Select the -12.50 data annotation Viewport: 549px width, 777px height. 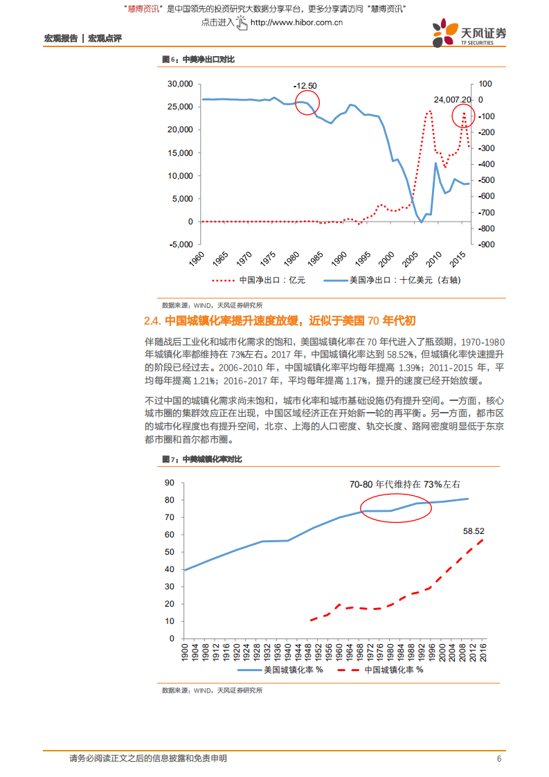(x=305, y=86)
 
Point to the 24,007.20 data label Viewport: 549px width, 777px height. (x=452, y=100)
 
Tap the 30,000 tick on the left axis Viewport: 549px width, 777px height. (x=179, y=84)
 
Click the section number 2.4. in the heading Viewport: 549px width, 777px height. (x=152, y=321)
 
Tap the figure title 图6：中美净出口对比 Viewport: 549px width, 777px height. (x=198, y=60)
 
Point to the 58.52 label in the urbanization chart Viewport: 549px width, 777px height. (x=474, y=530)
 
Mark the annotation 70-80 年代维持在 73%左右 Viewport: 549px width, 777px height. (x=404, y=485)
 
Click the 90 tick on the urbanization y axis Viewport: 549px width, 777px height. (x=168, y=483)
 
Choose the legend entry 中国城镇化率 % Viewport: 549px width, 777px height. (x=392, y=670)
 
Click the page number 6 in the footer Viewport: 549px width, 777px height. (x=498, y=759)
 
